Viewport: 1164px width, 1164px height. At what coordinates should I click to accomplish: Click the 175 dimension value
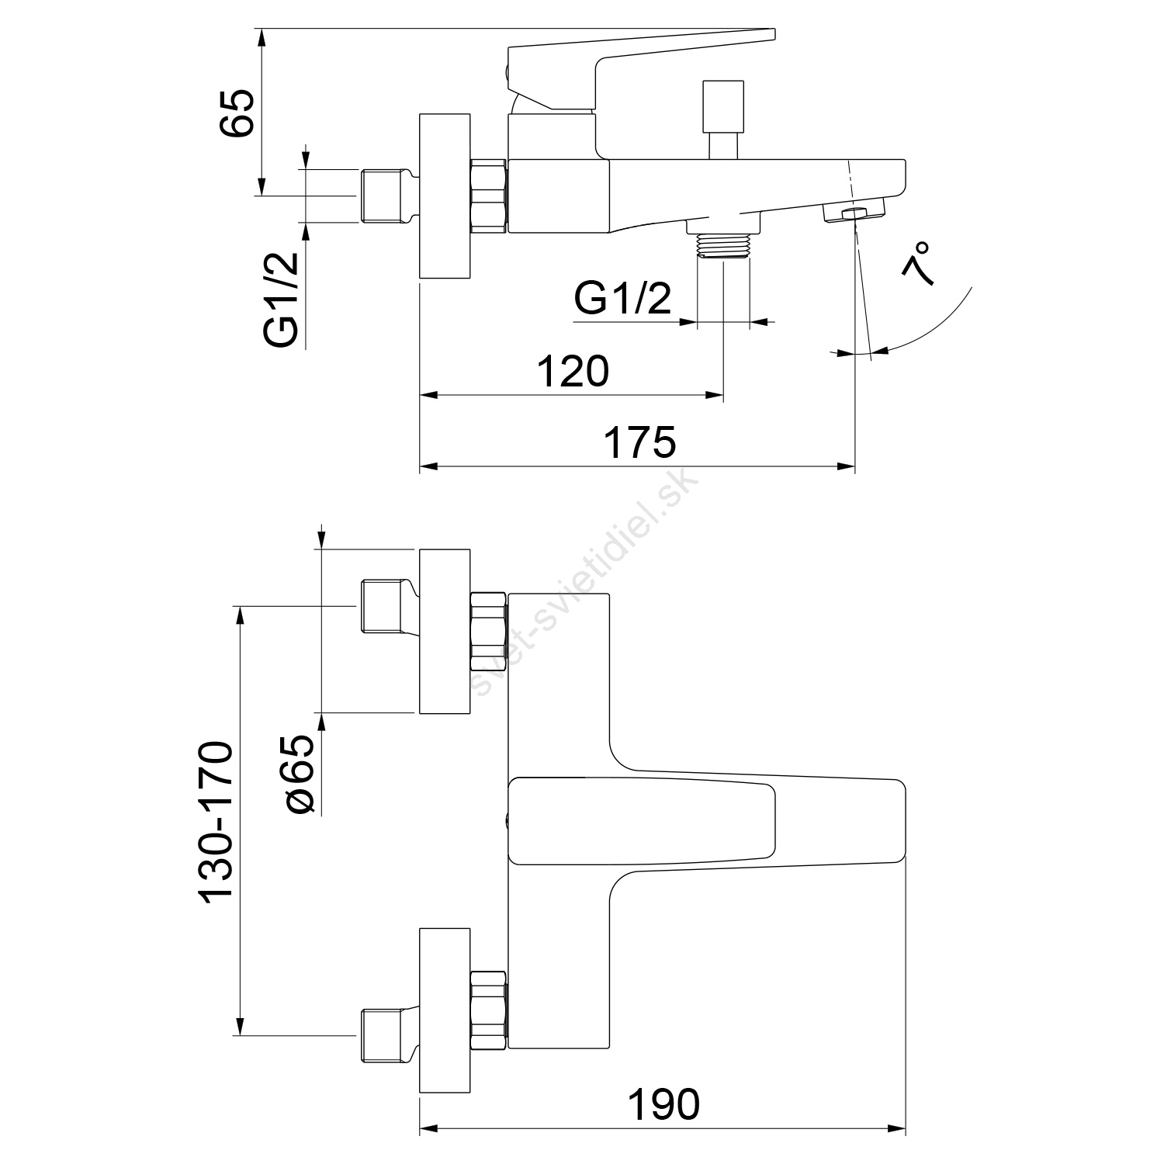640,442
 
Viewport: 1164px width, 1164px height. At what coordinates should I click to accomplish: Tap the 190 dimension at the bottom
663,1104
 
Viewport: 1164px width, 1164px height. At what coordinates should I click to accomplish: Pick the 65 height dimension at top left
236,113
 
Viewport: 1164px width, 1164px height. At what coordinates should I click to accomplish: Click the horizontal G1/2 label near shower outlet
622,299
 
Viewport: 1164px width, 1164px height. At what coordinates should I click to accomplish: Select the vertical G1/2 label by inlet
281,300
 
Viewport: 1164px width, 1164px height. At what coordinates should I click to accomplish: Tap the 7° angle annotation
917,265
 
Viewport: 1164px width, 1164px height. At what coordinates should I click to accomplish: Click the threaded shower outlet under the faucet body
723,244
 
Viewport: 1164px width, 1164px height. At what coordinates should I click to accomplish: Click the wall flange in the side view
445,196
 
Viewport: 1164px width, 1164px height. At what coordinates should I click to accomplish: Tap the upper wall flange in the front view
445,632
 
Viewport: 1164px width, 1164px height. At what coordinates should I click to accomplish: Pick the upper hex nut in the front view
488,631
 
